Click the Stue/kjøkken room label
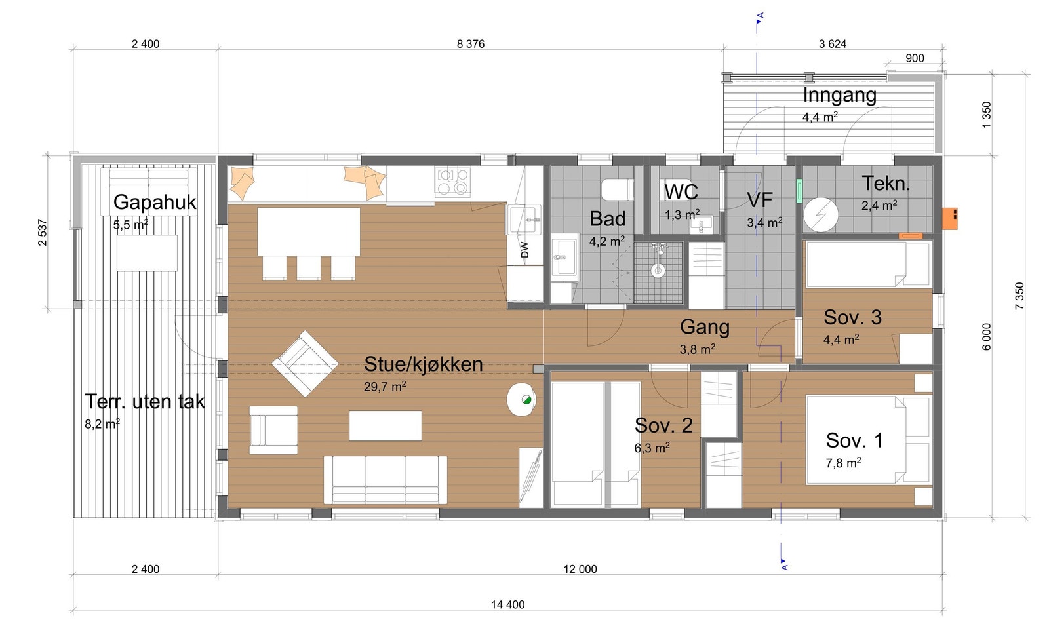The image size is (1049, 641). (423, 364)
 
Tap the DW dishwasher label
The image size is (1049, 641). (524, 250)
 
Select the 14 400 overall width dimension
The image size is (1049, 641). (507, 604)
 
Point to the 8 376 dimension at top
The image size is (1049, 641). (471, 44)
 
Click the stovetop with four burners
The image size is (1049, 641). (453, 182)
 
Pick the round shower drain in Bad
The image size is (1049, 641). (658, 269)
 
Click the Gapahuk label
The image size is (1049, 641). (154, 202)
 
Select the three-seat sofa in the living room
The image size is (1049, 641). (385, 480)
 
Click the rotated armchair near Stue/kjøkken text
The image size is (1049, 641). (305, 363)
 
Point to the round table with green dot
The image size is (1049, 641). (523, 399)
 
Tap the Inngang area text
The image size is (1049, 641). (839, 95)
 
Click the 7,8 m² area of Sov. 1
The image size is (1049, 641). (842, 463)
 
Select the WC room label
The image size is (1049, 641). (681, 192)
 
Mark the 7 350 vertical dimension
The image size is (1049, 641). (1019, 296)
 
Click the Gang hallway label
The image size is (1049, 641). (704, 326)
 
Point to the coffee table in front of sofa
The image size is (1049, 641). (385, 425)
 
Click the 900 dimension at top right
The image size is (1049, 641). (915, 58)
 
